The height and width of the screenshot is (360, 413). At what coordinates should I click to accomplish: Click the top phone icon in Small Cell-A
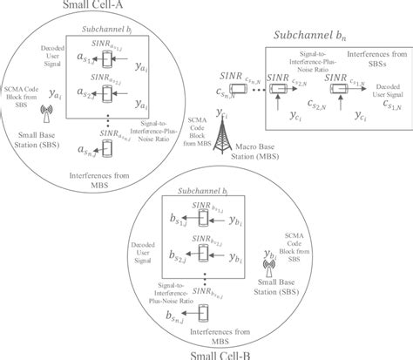click(105, 57)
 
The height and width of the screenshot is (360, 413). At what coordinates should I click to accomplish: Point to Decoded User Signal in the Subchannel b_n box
click(384, 92)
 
